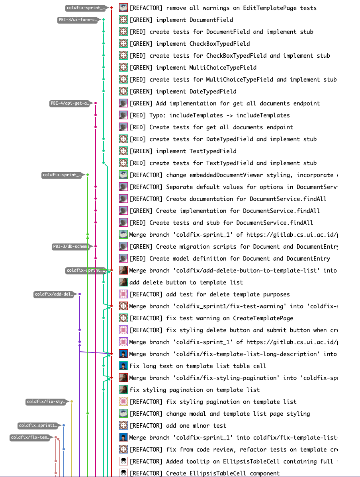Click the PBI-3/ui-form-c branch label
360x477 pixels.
(x=77, y=20)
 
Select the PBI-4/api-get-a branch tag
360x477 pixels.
(x=69, y=103)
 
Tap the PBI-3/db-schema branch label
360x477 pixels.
(x=70, y=247)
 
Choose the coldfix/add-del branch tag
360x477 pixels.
(x=54, y=294)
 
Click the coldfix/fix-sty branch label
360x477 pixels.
(x=46, y=402)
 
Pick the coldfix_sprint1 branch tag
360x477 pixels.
(x=38, y=426)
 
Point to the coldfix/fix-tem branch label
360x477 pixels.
(x=30, y=438)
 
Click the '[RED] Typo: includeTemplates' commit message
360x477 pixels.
(x=209, y=115)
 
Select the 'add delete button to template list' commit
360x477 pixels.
(x=186, y=282)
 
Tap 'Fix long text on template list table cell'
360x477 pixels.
(x=198, y=366)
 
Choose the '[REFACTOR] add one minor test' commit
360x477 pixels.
(x=178, y=426)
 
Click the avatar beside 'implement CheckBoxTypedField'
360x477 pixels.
(x=123, y=44)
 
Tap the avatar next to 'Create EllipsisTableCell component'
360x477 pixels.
(x=123, y=473)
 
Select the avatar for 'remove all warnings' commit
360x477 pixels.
(x=123, y=8)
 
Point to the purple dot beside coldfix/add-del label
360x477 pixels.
(x=80, y=294)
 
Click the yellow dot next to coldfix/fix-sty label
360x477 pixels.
(x=72, y=401)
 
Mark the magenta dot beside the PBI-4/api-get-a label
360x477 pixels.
(x=96, y=103)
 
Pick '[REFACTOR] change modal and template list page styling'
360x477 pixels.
(x=219, y=414)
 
